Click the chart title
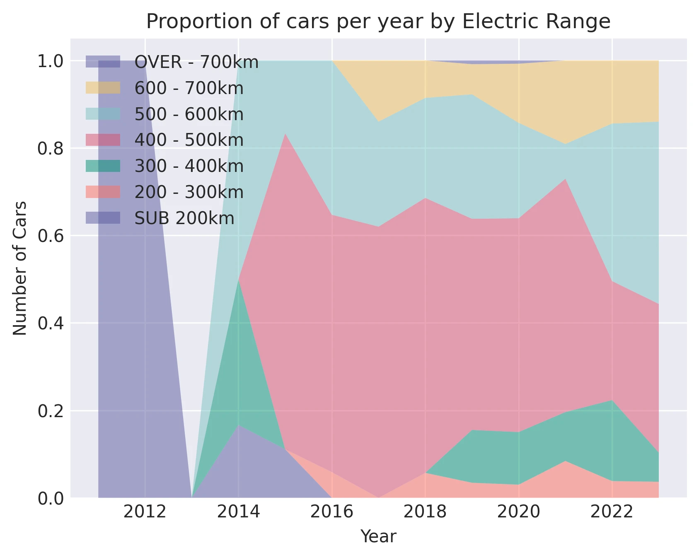[378, 22]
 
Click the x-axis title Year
[378, 536]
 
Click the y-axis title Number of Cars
[19, 268]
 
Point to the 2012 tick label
[145, 512]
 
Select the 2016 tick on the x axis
[331, 512]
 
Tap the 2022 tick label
[612, 512]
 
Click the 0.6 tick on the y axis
[50, 236]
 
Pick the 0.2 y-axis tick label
[50, 411]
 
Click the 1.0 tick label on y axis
[50, 61]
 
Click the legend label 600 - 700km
[189, 88]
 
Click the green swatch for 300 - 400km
[103, 166]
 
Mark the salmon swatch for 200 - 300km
[103, 192]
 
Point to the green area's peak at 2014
[238, 280]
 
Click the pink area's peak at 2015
[285, 134]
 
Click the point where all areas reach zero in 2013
[191, 497]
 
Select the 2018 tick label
[425, 512]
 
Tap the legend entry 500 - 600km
[189, 114]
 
